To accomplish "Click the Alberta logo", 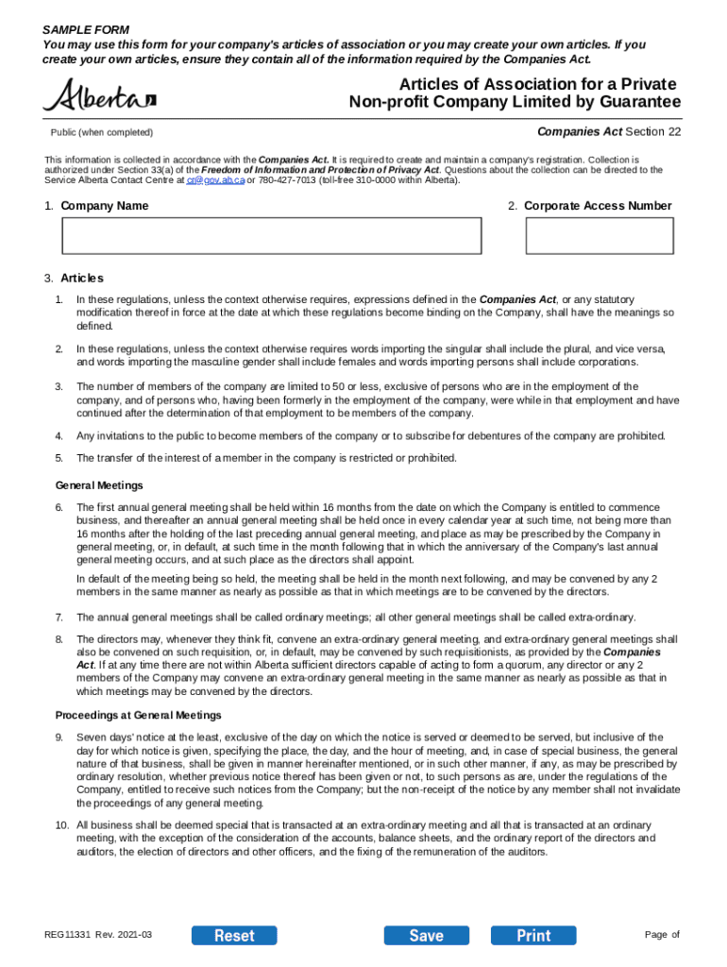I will click(x=99, y=96).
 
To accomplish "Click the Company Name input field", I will click(x=272, y=236).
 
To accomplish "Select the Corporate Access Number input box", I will click(x=600, y=236).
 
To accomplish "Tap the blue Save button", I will click(x=426, y=936).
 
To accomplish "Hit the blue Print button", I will click(x=533, y=936).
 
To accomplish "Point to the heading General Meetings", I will click(x=99, y=485).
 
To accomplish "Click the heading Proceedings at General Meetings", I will click(x=138, y=715).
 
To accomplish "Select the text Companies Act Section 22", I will click(x=608, y=132).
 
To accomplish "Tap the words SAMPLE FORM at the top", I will click(x=86, y=31).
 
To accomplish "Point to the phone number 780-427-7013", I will click(x=289, y=179).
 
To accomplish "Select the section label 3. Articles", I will click(x=74, y=279).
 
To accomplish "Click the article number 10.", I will click(x=61, y=825).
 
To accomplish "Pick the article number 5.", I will click(x=59, y=458).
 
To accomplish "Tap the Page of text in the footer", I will click(x=662, y=935).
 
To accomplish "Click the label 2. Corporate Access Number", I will click(x=589, y=206).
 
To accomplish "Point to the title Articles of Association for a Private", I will click(x=536, y=86).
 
